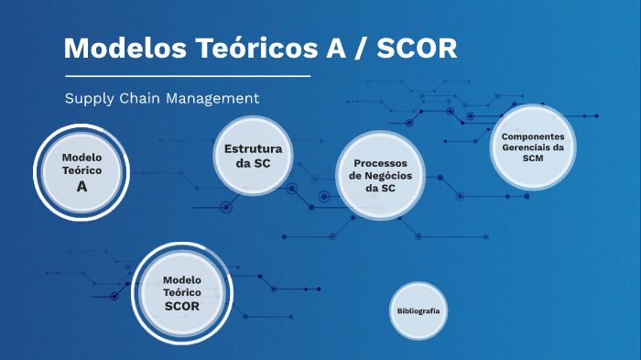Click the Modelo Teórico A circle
81,171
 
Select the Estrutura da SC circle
253,155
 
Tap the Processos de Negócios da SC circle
380,175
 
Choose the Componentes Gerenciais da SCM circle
532,147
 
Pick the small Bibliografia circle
418,311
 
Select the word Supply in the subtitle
89,98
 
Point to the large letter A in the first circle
81,186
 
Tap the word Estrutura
253,148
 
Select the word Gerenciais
532,147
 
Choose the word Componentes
532,136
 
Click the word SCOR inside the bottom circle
181,306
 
